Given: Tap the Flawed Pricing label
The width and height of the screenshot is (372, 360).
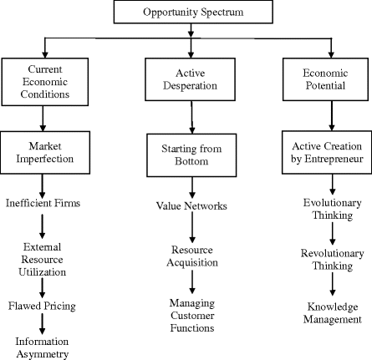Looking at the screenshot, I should click(x=42, y=306).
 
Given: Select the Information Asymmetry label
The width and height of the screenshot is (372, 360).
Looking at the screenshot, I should click(x=42, y=347).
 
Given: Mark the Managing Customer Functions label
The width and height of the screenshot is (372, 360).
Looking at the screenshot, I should click(x=193, y=313).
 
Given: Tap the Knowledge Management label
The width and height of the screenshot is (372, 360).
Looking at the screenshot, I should click(x=332, y=312).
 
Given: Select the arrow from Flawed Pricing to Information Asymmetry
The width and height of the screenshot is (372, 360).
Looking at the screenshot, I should click(x=42, y=324).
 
